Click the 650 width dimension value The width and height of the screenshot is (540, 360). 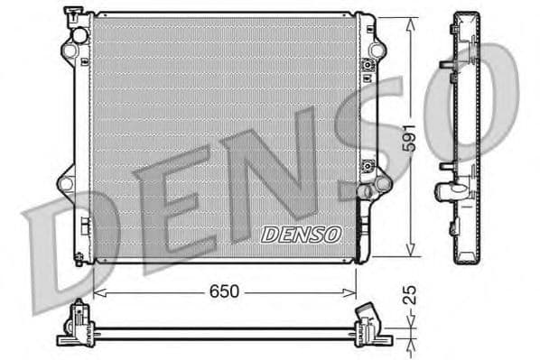coord(224,292)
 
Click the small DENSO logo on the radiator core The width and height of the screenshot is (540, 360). coord(301,234)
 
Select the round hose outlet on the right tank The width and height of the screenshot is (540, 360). coord(368,192)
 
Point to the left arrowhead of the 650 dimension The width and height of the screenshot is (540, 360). coord(98,292)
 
